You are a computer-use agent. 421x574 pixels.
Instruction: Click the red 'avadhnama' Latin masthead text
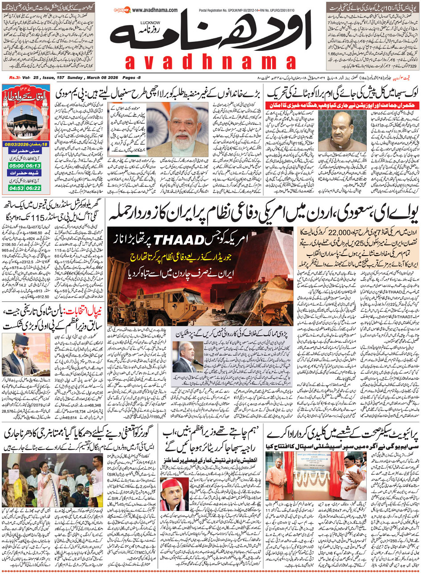pos(210,63)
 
